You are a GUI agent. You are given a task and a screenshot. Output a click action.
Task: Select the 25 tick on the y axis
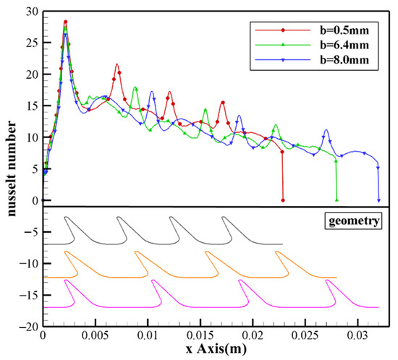coord(31,43)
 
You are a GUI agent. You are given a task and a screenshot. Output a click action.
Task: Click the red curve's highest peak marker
coord(65,22)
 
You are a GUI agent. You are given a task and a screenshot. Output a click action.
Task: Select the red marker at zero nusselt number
coord(283,200)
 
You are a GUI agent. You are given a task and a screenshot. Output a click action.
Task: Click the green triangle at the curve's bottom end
coord(337,200)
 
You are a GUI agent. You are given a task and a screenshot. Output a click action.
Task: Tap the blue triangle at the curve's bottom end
coord(378,200)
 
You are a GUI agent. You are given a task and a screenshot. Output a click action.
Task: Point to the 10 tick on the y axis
coord(31,137)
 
